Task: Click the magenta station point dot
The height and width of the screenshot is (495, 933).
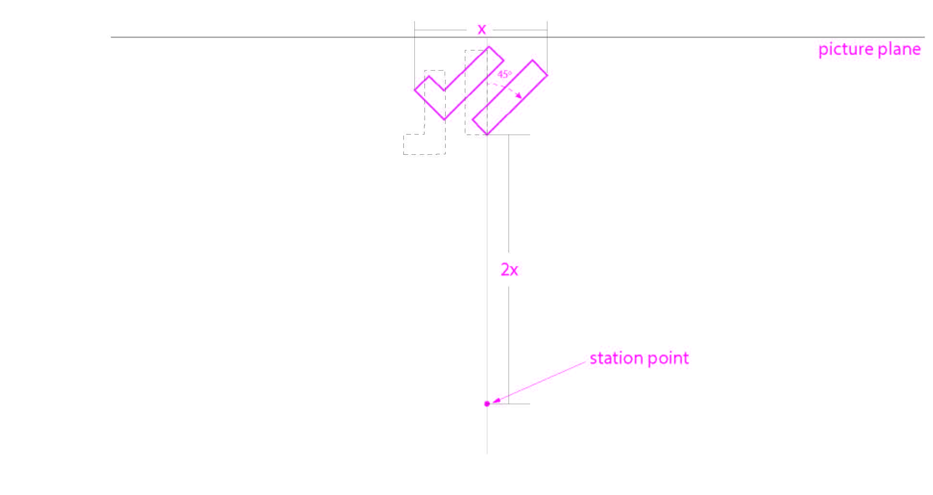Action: point(487,404)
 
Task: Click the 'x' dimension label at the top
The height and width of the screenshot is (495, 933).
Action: point(482,30)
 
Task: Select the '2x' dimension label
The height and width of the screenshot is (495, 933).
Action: point(509,270)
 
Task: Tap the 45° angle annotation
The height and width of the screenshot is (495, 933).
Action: point(504,74)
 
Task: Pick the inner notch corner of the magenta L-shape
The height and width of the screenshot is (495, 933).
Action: point(444,90)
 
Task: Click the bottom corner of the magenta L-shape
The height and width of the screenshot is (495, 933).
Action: point(444,119)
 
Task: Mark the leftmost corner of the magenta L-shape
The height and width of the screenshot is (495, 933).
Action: point(415,89)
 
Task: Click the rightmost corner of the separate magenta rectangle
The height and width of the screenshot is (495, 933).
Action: point(547,74)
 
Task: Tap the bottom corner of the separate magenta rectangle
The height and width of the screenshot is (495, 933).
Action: point(487,135)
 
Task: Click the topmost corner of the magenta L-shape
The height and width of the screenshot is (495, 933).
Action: point(489,47)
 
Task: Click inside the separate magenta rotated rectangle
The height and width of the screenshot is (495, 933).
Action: point(510,98)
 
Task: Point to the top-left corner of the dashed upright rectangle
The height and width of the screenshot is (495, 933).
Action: point(465,50)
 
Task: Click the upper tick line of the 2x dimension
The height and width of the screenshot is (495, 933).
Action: point(509,135)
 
